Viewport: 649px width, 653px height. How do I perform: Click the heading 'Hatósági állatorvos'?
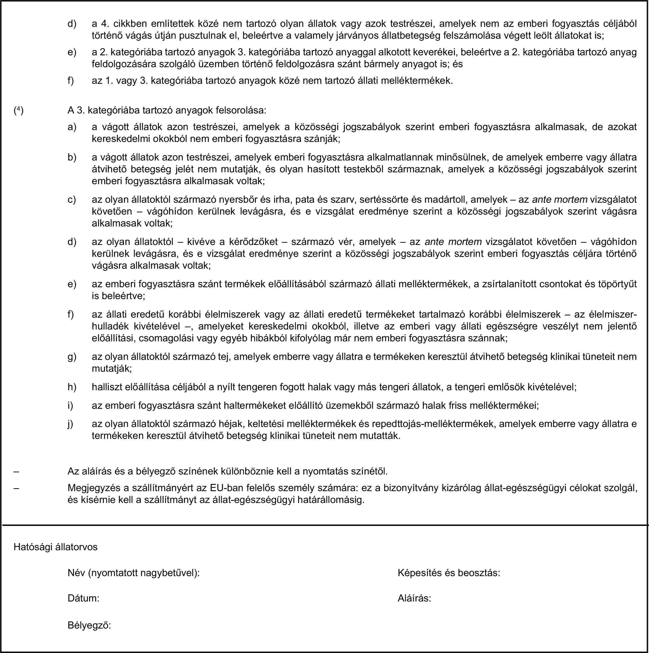tap(56, 547)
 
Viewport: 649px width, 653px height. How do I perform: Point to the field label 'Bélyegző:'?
tap(89, 625)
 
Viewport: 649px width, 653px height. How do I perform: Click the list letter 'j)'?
tap(71, 424)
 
